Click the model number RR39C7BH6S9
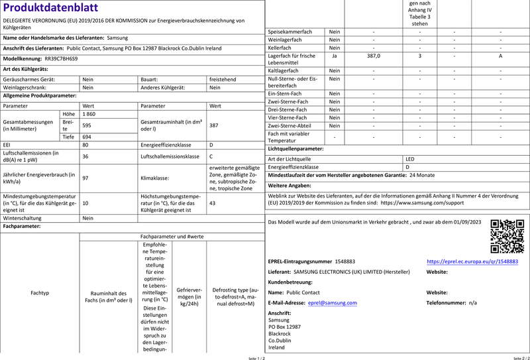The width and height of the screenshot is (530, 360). [x=61, y=58]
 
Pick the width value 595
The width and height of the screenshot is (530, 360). [x=87, y=125]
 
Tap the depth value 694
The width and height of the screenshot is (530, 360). [x=87, y=136]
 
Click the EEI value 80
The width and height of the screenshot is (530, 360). [x=85, y=145]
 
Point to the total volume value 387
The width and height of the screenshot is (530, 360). [x=214, y=125]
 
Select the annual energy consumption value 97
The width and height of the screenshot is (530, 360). [x=85, y=178]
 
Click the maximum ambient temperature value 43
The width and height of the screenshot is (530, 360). [x=213, y=203]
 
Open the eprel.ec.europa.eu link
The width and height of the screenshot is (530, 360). [x=472, y=262]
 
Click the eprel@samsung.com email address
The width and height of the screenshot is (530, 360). [x=333, y=302]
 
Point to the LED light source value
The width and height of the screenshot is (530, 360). [x=410, y=159]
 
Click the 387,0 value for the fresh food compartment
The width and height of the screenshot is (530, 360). [x=373, y=56]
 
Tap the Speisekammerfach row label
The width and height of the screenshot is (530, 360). [x=289, y=31]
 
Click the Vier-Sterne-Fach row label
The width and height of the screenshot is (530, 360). [x=286, y=117]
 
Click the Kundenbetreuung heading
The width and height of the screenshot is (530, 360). [x=290, y=282]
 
